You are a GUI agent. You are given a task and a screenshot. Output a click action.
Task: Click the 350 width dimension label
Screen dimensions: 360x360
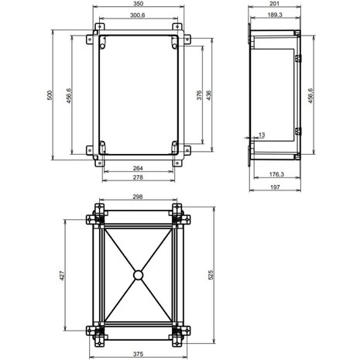click(x=138, y=6)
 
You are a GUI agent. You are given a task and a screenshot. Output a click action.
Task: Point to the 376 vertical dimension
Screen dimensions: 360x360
click(x=199, y=95)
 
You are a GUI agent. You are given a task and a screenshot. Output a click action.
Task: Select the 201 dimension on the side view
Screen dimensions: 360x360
click(x=274, y=6)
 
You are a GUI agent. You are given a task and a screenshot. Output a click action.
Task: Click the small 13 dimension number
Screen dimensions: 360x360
click(x=261, y=135)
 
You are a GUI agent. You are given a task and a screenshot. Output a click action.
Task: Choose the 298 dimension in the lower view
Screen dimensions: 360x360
click(x=138, y=197)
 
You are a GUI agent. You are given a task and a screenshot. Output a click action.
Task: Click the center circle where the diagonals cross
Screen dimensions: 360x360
click(x=138, y=274)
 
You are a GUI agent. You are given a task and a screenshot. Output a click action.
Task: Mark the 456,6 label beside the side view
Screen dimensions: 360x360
click(x=311, y=95)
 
